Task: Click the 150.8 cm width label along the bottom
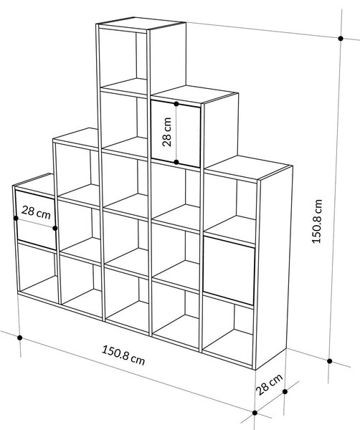(123, 355)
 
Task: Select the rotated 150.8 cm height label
(317, 221)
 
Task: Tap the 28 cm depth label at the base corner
(270, 384)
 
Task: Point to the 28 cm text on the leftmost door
(36, 213)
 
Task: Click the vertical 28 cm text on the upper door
(166, 132)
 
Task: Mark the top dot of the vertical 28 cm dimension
(176, 104)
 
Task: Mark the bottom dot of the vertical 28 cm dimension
(176, 162)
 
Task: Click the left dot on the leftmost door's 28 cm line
(16, 218)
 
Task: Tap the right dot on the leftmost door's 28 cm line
(55, 228)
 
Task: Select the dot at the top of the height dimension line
(341, 39)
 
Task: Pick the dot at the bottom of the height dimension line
(330, 361)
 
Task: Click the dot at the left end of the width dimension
(19, 338)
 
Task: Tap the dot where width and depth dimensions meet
(255, 413)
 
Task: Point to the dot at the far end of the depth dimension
(285, 391)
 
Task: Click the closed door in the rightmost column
(229, 270)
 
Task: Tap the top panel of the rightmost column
(248, 167)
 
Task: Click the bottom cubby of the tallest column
(127, 299)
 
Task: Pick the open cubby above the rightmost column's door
(230, 209)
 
